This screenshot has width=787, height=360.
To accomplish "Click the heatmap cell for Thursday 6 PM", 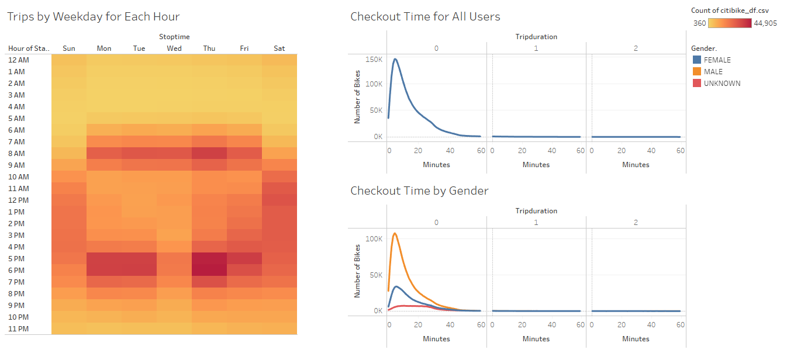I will (209, 270).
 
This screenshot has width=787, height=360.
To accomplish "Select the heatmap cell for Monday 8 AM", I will (104, 153).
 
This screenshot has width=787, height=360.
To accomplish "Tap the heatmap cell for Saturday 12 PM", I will (279, 200).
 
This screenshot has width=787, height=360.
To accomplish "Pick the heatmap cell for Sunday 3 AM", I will (69, 95).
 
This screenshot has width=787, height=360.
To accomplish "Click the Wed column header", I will (174, 48).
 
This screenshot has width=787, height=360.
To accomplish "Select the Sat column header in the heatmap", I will (279, 48).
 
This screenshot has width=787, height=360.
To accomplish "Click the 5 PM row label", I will (16, 258).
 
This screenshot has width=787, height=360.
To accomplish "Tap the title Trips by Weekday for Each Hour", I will (94, 16).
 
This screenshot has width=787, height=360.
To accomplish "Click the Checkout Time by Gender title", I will (419, 191).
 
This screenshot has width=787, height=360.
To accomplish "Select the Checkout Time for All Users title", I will (425, 16).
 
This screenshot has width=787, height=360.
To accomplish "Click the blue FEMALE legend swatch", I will (696, 60).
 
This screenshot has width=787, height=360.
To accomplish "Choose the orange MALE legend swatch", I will (696, 71).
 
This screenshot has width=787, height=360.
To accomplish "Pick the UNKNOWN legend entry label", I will (722, 83).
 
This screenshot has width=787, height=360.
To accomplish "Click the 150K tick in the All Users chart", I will (374, 60).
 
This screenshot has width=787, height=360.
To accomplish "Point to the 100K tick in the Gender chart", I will (374, 239).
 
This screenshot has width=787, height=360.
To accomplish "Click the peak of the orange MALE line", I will (395, 233).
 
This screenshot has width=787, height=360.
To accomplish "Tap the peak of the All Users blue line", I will (395, 58).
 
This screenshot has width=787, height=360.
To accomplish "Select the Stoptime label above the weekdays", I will (174, 37).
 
